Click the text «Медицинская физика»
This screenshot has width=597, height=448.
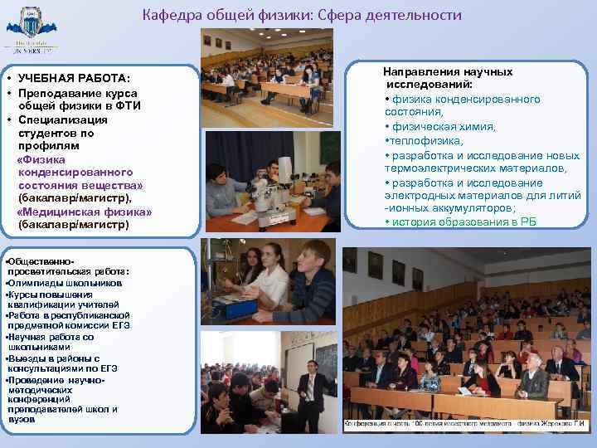point(84,211)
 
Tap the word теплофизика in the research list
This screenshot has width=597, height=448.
point(420,141)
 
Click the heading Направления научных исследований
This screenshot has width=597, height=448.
point(448,79)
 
